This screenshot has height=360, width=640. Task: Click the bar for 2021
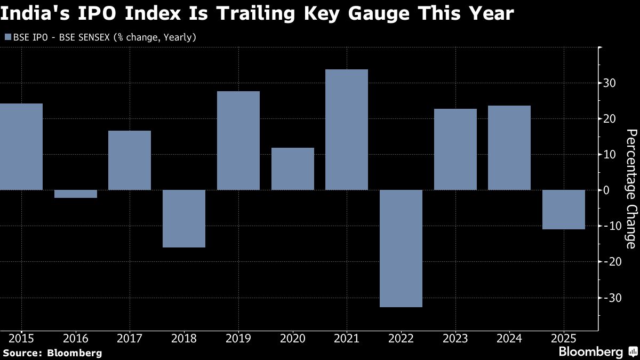347,130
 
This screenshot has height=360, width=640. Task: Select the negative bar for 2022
401,248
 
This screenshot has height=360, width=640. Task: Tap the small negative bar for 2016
76,194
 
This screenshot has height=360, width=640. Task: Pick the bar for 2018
184,219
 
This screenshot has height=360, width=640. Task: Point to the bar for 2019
238,140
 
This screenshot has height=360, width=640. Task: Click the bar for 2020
293,169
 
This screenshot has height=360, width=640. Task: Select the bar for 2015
21,147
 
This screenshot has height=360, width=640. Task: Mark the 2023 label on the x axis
455,338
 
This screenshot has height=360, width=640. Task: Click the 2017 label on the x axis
130,338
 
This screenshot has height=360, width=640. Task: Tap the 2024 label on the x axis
509,338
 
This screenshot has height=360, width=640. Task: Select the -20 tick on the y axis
610,262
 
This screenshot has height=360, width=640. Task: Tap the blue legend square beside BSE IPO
7,37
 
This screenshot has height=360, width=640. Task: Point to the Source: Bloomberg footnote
52,353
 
